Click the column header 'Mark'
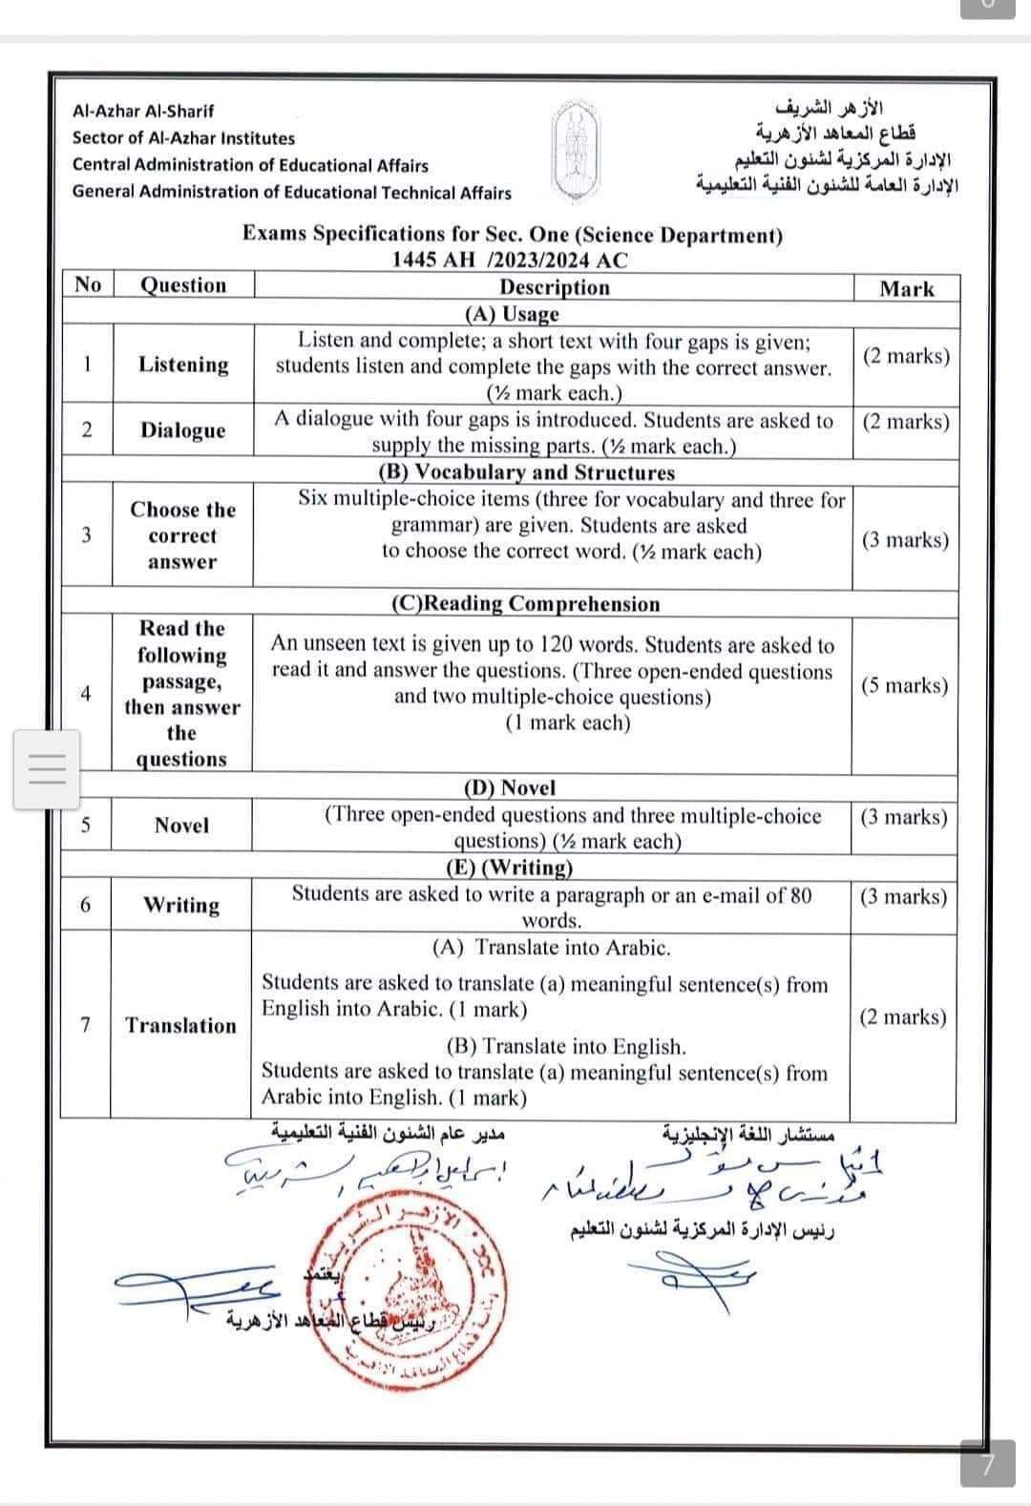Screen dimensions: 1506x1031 click(906, 289)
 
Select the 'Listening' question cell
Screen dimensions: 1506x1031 click(183, 365)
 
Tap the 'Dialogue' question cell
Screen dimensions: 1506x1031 click(183, 430)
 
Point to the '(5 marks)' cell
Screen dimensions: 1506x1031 click(904, 686)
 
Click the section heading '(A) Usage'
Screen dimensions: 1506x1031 click(512, 314)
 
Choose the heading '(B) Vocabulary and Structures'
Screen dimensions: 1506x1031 click(526, 472)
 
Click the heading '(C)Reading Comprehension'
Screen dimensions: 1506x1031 click(526, 604)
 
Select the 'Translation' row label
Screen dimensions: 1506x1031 click(180, 1026)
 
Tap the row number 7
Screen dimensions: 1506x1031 click(86, 1026)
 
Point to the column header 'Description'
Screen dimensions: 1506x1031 click(554, 287)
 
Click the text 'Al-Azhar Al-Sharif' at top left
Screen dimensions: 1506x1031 click(143, 111)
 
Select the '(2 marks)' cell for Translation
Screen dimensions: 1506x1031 click(902, 1017)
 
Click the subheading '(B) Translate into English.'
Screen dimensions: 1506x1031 click(565, 1046)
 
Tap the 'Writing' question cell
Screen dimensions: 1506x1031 click(181, 905)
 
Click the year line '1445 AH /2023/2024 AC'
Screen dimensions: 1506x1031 click(511, 260)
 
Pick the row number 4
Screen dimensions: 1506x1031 click(86, 694)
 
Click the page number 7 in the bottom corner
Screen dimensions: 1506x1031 click(988, 1463)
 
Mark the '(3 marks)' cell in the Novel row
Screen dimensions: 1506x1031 click(903, 817)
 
